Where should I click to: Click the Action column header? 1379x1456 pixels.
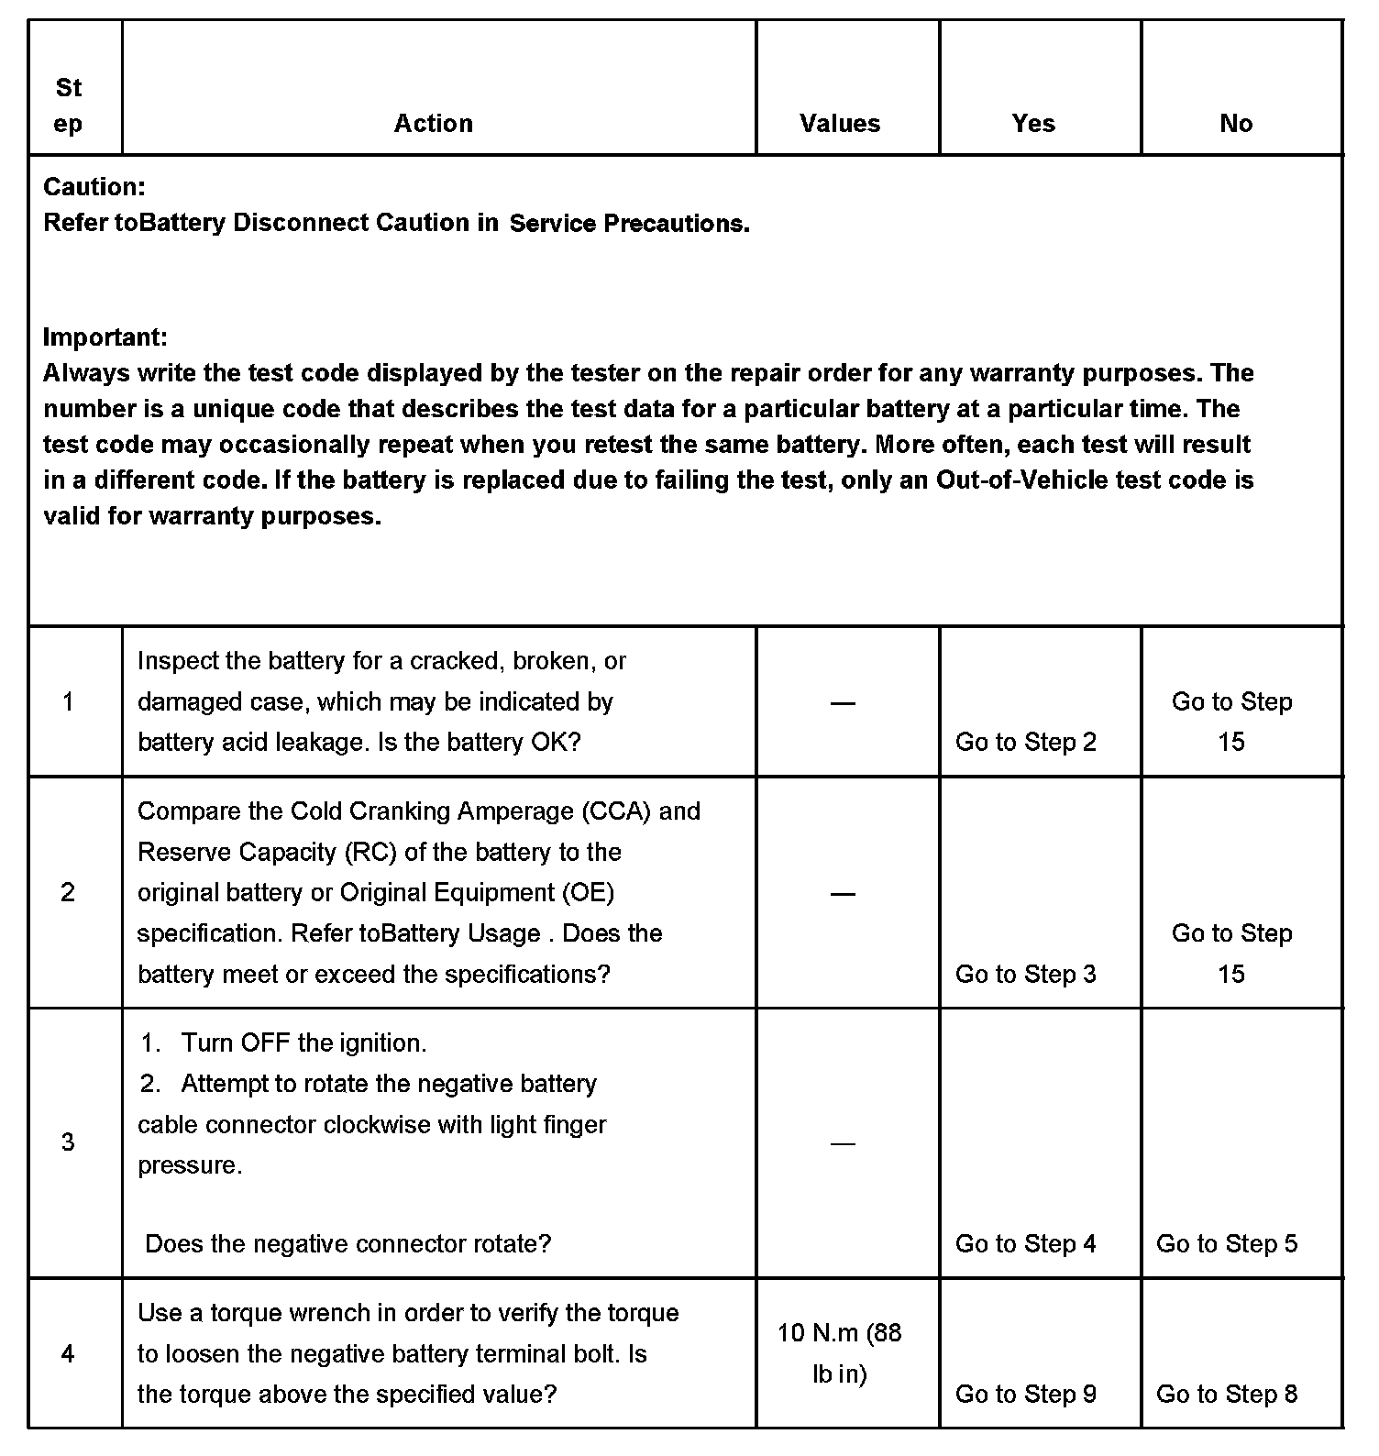[434, 124]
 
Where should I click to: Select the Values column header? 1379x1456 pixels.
[840, 124]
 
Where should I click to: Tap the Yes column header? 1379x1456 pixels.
[1033, 124]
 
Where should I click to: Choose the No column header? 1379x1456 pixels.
[1236, 124]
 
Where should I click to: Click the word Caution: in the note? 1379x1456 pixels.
[94, 187]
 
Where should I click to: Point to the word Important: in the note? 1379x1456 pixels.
[105, 337]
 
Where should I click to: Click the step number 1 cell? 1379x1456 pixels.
[68, 702]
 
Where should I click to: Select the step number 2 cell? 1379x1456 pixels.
[68, 893]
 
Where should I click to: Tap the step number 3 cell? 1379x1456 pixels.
[68, 1142]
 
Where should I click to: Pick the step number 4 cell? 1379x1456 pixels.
[68, 1354]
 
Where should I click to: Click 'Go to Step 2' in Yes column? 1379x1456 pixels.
[1026, 743]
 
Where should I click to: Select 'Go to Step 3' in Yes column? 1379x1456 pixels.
[1026, 975]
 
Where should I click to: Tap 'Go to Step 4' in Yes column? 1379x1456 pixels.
[1026, 1244]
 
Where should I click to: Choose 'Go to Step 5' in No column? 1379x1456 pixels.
[1227, 1244]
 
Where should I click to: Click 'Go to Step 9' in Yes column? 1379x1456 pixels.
[1026, 1395]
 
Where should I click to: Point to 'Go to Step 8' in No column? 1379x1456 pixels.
[1227, 1395]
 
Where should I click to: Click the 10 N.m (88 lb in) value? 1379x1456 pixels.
[840, 1353]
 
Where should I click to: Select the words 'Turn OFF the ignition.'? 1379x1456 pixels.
[303, 1043]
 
